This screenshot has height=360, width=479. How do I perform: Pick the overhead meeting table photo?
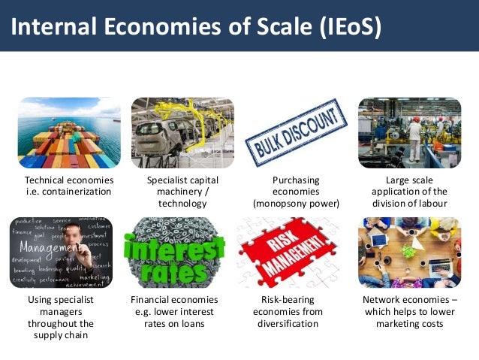pos(409,252)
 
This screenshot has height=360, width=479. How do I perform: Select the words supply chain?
pos(61,335)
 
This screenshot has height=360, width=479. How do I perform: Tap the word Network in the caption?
pos(384,301)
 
